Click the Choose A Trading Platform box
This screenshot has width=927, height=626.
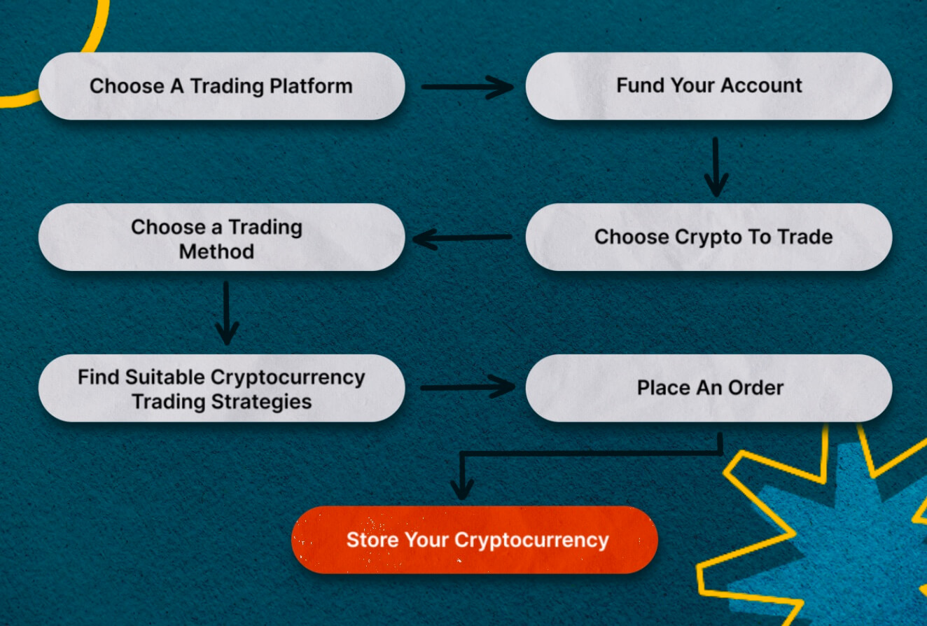coord(221,86)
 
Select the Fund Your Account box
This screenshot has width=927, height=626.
coord(709,86)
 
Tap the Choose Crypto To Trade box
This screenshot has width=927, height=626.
coord(709,237)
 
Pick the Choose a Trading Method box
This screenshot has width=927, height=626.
coord(221,237)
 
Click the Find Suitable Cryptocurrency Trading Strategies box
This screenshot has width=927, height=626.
coord(221,388)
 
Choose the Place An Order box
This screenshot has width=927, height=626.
coord(709,388)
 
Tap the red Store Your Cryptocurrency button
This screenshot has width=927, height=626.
coord(475,540)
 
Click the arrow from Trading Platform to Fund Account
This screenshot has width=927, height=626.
coord(468,87)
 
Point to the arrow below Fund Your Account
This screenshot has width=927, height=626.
coord(716,167)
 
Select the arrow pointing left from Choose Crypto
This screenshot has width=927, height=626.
coord(462,238)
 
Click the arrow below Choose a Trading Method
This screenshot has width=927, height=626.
coord(226,313)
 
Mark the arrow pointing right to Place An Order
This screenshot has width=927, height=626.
coord(468,387)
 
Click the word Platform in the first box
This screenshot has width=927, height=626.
coord(311,86)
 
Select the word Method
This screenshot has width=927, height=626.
coord(216,251)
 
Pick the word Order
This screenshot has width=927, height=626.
coord(755,388)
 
